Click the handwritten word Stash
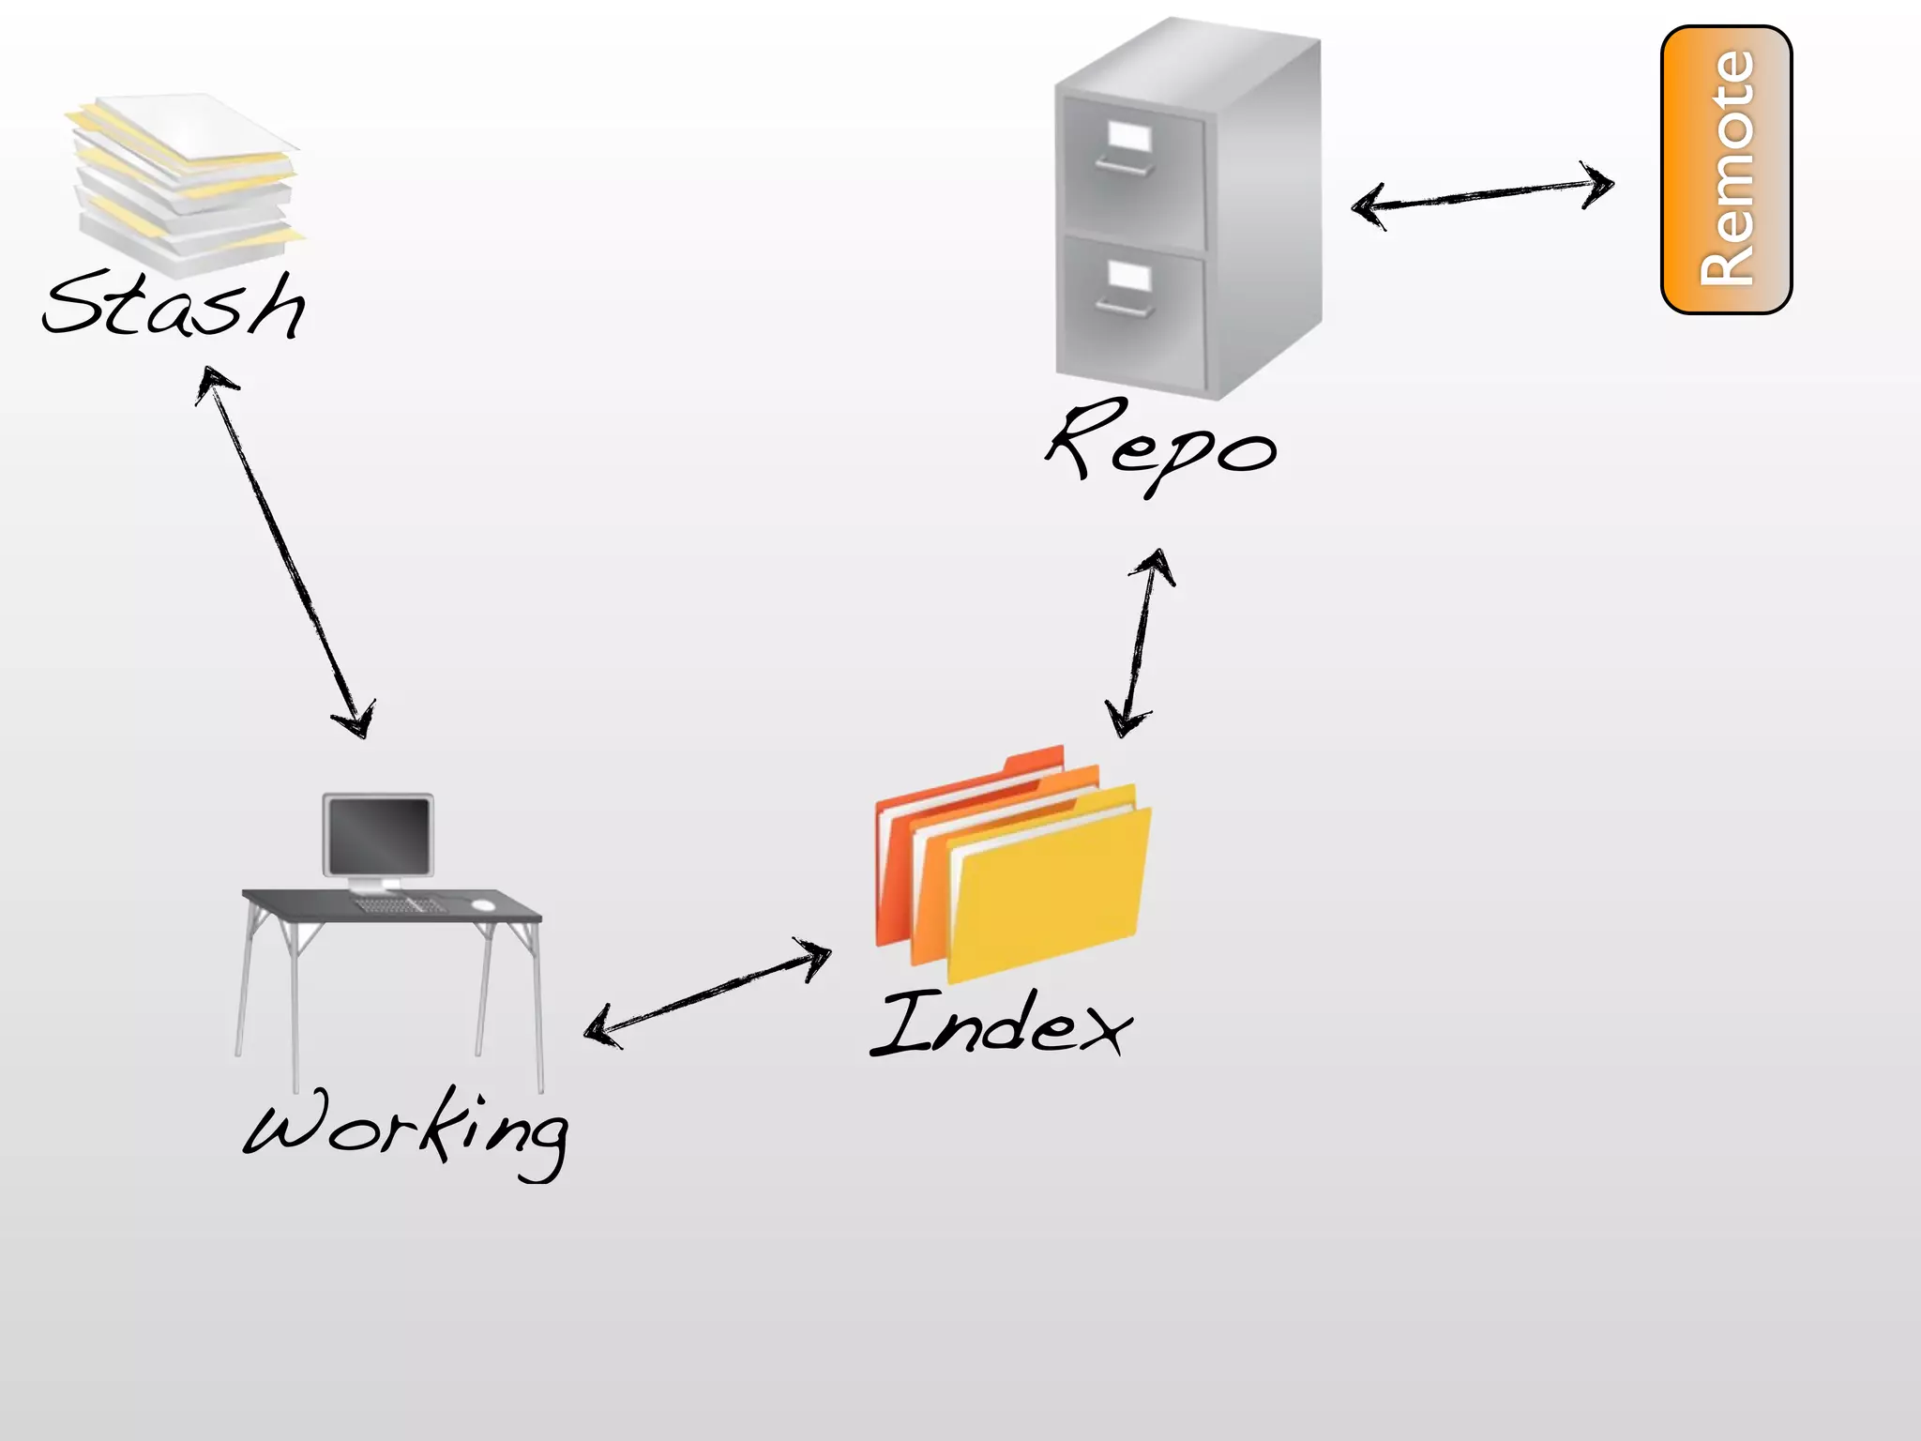pos(174,305)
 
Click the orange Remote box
pos(1726,170)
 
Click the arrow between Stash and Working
pos(286,554)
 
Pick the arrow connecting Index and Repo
pos(1139,644)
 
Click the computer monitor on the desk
pos(378,835)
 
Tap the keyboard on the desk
pos(399,905)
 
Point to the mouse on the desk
pos(483,904)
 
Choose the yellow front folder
pos(1051,891)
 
